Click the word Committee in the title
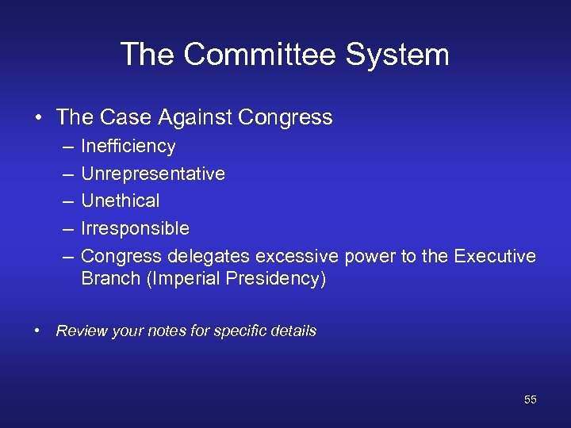(257, 55)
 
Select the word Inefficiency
(128, 147)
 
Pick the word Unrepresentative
(153, 174)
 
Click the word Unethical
(121, 201)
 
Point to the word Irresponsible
(135, 229)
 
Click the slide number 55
(530, 400)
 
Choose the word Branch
(107, 280)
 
